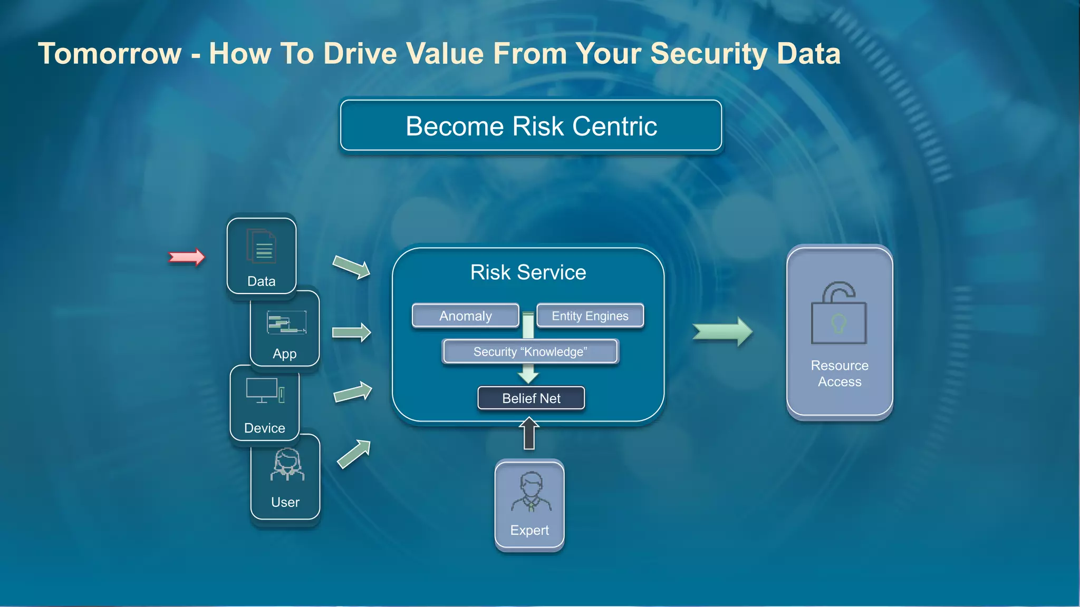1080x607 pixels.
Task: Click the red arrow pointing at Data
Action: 187,257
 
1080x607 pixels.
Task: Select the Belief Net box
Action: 531,398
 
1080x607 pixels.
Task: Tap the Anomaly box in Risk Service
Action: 465,316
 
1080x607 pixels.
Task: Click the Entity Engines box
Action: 590,316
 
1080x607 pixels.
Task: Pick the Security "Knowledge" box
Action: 530,351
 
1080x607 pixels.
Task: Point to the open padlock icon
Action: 839,313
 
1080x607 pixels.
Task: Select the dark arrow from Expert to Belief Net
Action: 529,434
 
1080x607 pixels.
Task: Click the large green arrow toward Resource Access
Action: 722,332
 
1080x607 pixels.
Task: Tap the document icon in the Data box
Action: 261,246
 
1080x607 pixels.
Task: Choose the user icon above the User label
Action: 287,464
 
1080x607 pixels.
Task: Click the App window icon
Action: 286,322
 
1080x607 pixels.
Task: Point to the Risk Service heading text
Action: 528,272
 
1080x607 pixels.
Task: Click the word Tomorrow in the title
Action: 110,54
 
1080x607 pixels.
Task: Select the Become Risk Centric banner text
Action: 531,126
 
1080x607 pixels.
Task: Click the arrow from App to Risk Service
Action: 351,332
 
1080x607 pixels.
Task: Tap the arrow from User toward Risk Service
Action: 354,454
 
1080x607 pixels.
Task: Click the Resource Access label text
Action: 840,373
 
